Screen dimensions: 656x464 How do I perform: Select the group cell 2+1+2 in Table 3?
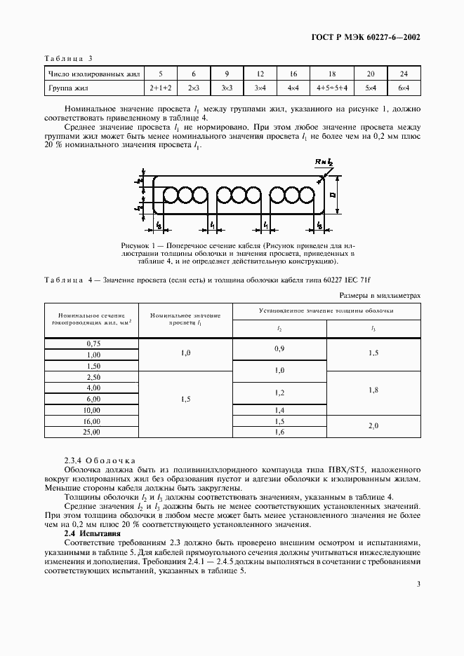[x=160, y=88]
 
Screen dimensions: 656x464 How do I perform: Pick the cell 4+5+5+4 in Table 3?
[x=331, y=88]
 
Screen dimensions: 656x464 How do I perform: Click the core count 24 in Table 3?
[x=404, y=73]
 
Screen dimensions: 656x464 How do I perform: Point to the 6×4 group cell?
[x=404, y=88]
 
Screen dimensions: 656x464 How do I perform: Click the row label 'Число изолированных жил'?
[x=94, y=73]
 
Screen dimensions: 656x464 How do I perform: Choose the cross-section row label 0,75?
[x=93, y=343]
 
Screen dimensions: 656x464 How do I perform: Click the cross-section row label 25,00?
[x=93, y=432]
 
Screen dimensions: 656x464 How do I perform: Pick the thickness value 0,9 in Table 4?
[x=279, y=348]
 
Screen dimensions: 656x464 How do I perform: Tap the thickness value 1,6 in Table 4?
[x=279, y=432]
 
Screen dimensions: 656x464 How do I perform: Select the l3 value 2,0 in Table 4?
[x=373, y=426]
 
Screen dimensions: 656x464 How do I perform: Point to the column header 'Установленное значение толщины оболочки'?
[x=326, y=310]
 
